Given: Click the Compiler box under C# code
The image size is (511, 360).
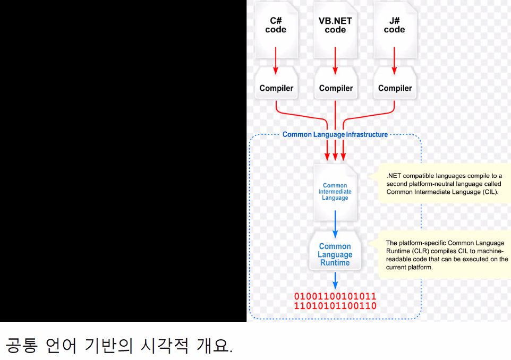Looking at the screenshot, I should pos(276,88).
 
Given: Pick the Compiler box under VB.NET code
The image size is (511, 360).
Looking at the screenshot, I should pos(336,88).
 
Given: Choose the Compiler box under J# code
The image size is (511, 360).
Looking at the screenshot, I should pos(395,88).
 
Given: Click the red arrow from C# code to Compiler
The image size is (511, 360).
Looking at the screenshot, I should pos(276,61).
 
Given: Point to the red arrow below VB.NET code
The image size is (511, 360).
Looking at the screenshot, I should pos(335,61).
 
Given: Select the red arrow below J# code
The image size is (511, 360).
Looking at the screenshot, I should pos(394,61).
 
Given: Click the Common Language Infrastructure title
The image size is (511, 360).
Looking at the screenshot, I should pos(335,135).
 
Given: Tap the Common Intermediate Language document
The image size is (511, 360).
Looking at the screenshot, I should pos(335,192).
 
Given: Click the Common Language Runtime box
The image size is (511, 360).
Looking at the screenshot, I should pos(335,254).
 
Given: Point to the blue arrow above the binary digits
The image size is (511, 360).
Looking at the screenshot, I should pos(335,280).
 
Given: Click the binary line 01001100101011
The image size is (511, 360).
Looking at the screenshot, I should pos(335,296).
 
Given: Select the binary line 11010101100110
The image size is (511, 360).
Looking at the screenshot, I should pos(335,306).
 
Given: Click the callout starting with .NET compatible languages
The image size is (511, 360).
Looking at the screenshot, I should pos(444,184).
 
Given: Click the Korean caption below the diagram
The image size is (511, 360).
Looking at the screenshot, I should pos(120,346).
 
